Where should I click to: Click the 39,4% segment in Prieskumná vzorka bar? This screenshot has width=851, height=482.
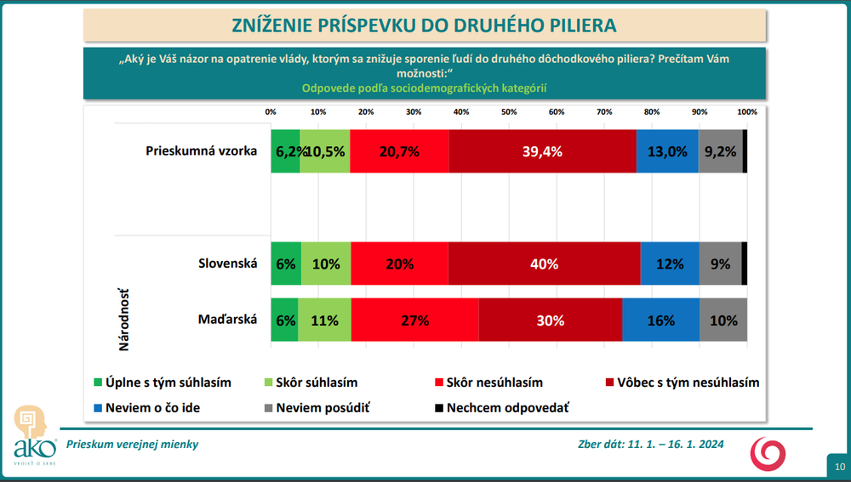point(542,151)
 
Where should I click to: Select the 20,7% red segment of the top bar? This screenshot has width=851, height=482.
point(399,151)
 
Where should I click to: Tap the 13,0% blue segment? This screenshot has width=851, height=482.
point(667,151)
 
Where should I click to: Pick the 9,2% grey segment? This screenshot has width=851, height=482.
point(720,151)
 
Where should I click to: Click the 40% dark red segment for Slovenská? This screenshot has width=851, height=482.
point(544,264)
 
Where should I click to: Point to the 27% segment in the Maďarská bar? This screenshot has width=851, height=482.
point(414,320)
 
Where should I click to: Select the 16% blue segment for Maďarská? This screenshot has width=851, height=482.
point(660,320)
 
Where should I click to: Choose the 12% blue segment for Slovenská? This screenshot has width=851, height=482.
point(669,264)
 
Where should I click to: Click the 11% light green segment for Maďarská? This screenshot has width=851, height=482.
point(324,320)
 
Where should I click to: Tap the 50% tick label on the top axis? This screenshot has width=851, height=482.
point(509,112)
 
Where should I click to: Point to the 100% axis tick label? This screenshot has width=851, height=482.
point(746,112)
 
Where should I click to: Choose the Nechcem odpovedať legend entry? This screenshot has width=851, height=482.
point(507,407)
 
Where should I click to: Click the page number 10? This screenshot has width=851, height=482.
point(839,467)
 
